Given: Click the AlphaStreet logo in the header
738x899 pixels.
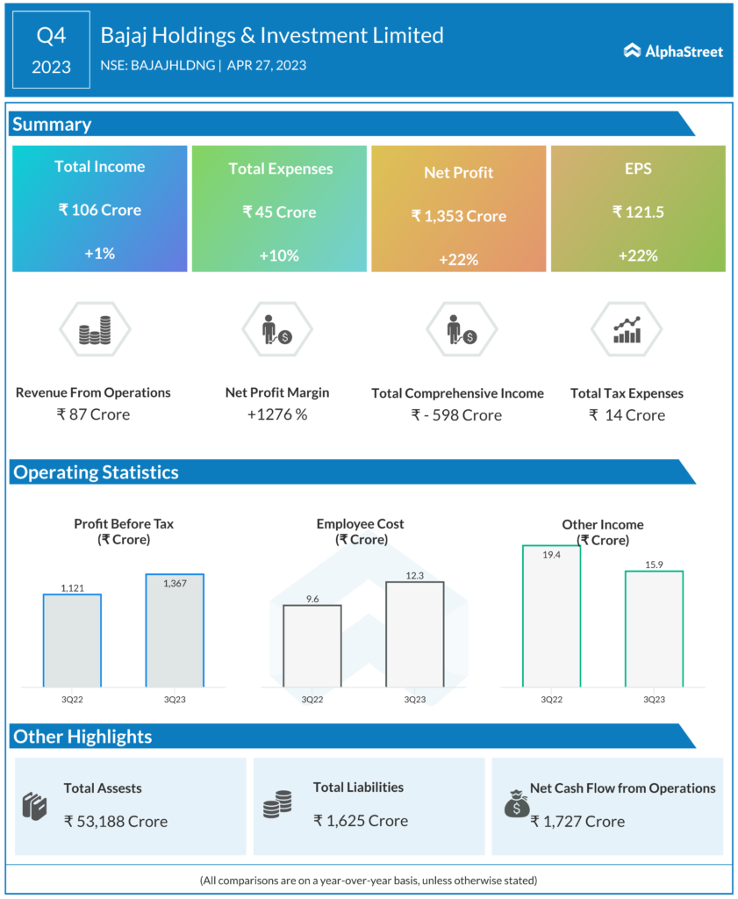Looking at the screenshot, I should click(x=673, y=51).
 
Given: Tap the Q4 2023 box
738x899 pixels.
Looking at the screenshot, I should click(x=51, y=50).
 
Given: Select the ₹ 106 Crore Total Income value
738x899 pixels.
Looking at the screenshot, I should click(x=99, y=210).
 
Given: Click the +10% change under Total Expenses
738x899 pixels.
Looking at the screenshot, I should click(x=279, y=255).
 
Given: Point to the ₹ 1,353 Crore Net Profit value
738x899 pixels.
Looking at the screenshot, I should click(x=459, y=216).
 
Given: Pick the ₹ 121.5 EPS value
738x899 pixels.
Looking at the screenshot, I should click(x=638, y=212).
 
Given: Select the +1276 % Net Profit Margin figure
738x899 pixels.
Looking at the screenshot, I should click(x=277, y=414).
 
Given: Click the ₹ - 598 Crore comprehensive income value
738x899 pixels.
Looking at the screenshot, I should click(x=457, y=415).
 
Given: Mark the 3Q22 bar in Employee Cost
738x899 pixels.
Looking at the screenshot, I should click(x=312, y=645).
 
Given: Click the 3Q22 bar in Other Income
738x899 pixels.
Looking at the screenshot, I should click(x=551, y=615).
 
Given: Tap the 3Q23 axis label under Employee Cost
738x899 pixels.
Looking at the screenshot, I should click(x=415, y=700).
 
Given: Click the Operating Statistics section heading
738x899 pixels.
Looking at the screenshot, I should click(x=96, y=472).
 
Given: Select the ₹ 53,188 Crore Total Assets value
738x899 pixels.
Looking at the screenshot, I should click(x=115, y=821).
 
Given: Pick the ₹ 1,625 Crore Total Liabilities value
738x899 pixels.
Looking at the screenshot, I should click(x=361, y=821).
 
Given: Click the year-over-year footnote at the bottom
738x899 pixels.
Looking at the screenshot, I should click(x=369, y=880).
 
